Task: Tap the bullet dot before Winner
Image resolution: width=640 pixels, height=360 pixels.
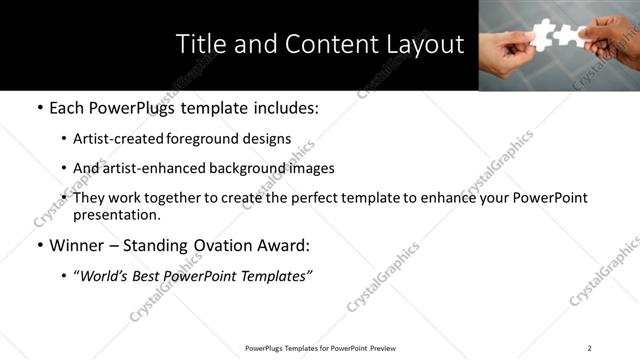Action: [39, 245]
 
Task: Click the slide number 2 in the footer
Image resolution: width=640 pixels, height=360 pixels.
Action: [589, 348]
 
